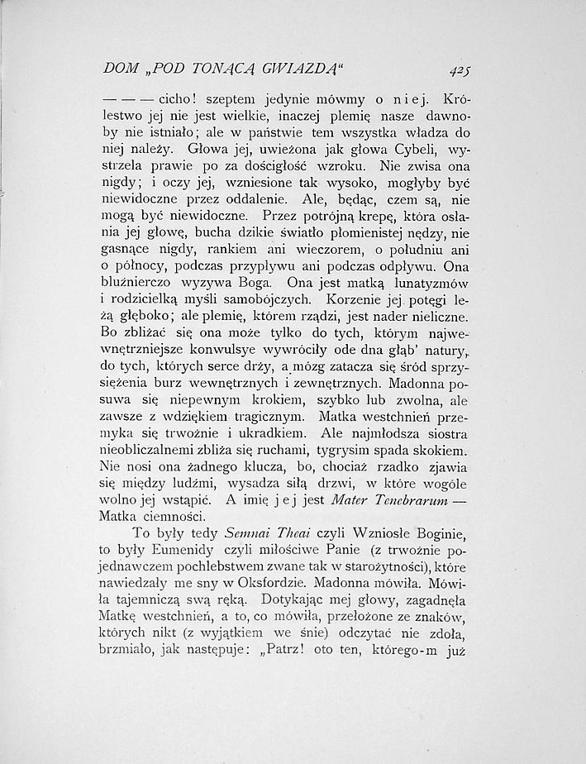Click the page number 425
pyautogui.click(x=473, y=70)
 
